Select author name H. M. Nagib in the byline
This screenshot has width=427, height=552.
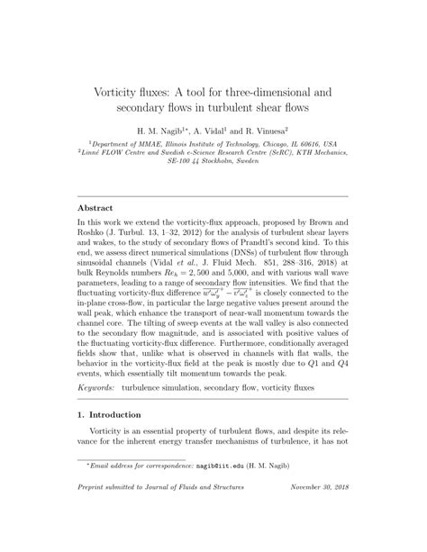(x=163, y=131)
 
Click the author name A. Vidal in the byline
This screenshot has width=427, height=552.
(x=210, y=131)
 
